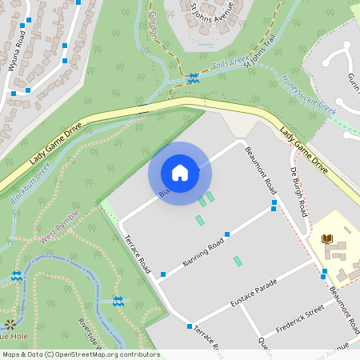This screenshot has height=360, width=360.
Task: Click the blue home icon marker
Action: coord(179,172)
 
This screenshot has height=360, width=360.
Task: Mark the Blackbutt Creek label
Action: coord(31,182)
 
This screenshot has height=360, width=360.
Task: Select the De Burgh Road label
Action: coord(298,193)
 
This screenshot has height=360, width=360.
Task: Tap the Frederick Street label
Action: coord(300,316)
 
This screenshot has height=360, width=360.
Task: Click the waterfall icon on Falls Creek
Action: coord(193,78)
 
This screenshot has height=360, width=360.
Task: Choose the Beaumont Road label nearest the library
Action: coord(341,309)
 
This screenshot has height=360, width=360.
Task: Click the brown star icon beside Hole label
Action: coord(10,324)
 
